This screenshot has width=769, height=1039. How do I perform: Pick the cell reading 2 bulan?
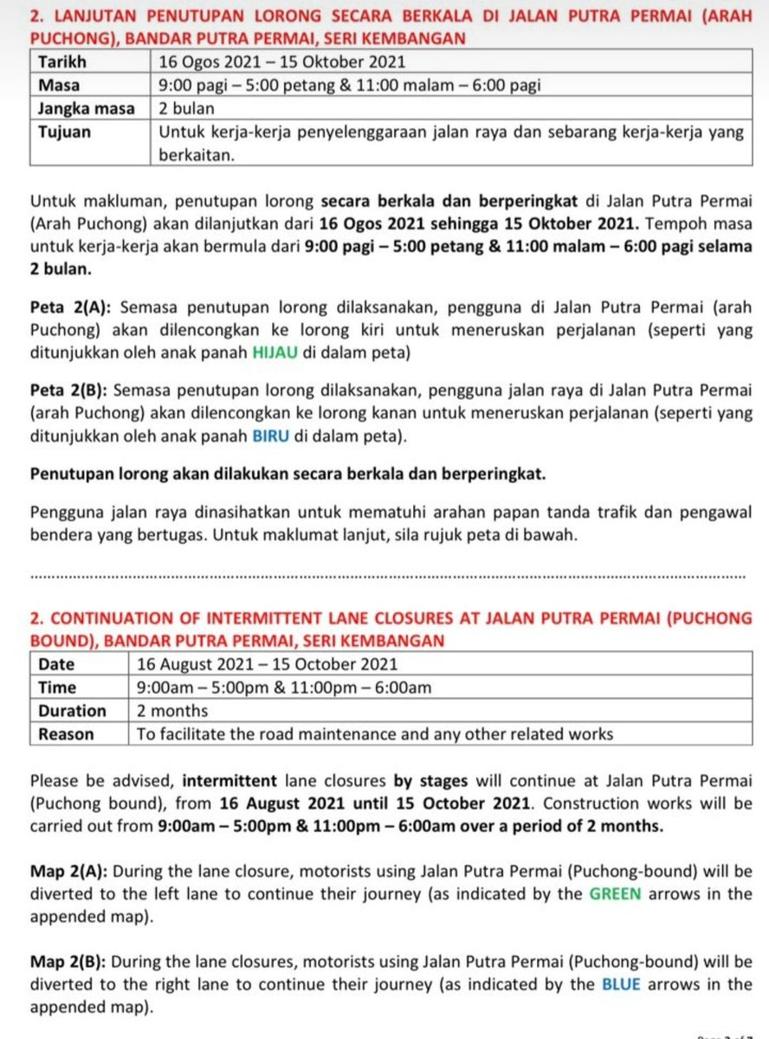tap(186, 109)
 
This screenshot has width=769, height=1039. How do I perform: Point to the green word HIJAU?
tap(275, 353)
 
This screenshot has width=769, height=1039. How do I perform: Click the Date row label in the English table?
tap(56, 664)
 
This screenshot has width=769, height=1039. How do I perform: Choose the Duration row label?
tap(72, 711)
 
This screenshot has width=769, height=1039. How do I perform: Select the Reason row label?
tap(65, 734)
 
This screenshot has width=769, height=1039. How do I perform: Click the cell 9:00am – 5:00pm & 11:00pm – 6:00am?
tap(284, 687)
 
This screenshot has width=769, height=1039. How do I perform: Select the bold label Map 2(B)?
tap(69, 962)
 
